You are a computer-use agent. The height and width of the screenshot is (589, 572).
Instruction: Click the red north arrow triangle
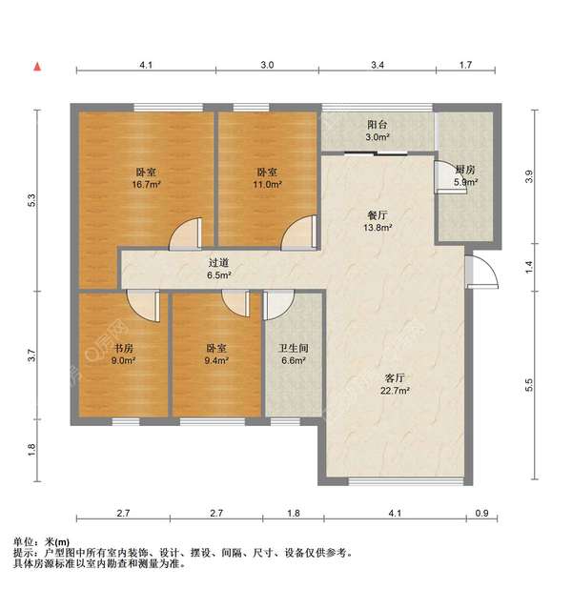click(x=37, y=67)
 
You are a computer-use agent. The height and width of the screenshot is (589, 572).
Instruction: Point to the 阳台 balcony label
click(x=378, y=124)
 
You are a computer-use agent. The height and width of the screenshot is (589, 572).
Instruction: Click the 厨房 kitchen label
click(x=465, y=171)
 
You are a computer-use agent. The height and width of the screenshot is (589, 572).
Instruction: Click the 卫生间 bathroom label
click(x=294, y=348)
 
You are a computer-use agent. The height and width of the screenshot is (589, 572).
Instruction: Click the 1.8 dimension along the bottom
click(x=294, y=515)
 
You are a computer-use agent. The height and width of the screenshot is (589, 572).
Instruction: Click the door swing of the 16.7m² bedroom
click(x=185, y=234)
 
